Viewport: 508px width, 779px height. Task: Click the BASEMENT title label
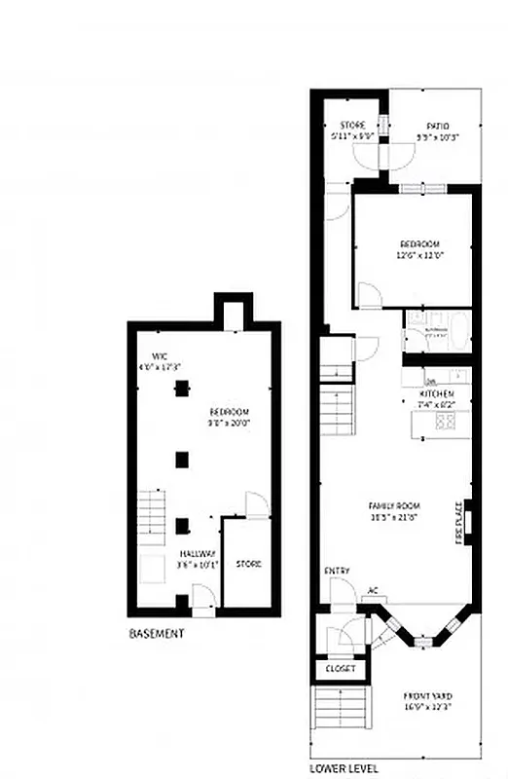click(x=156, y=633)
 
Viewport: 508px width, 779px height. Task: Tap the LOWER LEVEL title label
click(x=338, y=767)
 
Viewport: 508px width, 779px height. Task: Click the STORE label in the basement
click(x=248, y=564)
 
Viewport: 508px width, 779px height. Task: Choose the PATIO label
click(x=437, y=126)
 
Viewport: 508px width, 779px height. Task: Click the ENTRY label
click(x=337, y=571)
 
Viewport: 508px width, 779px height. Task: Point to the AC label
click(x=373, y=590)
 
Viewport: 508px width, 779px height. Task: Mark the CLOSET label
click(x=340, y=670)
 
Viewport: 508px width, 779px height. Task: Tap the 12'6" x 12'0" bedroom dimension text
click(x=419, y=255)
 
